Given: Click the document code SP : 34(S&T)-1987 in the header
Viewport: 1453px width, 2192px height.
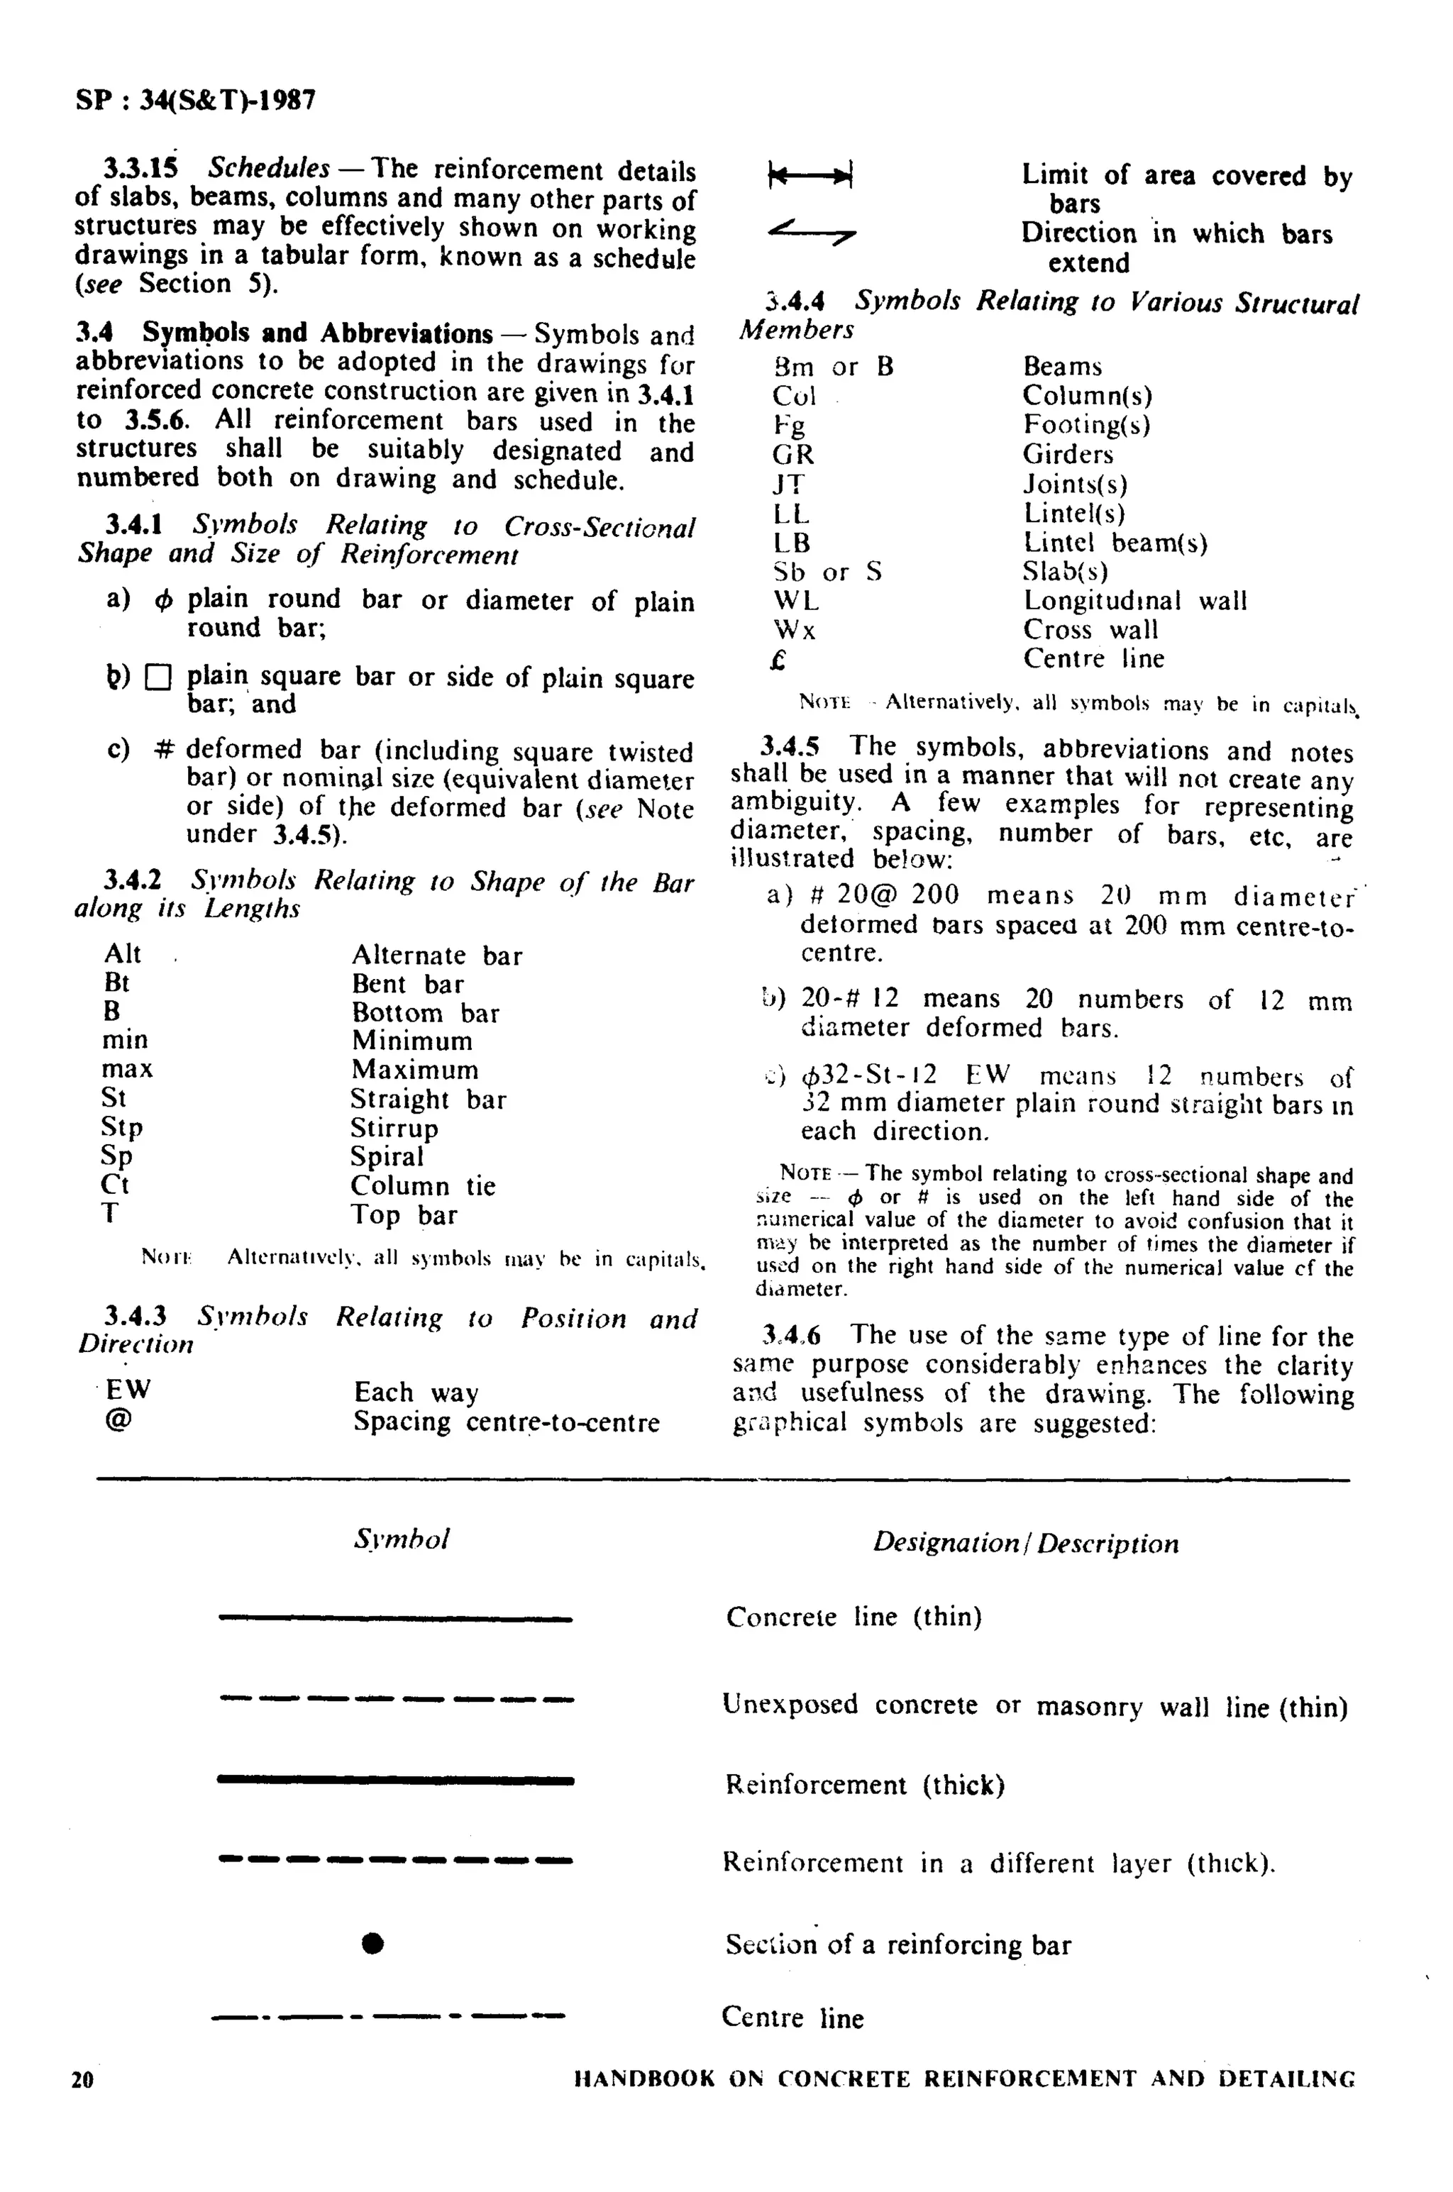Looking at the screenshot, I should point(196,101).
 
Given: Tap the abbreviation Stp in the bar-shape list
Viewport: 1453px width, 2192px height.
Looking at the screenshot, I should point(121,1127).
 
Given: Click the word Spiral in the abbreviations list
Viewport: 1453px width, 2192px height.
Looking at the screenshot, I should point(387,1156).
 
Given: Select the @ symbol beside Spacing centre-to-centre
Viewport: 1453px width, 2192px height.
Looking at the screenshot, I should point(118,1420).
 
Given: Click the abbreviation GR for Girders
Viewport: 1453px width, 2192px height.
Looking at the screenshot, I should point(793,454).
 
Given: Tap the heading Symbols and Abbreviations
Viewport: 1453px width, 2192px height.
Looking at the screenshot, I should point(317,333).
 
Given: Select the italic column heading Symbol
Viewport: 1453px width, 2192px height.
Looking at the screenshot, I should point(402,1539).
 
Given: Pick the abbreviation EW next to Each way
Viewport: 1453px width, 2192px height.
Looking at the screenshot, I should point(128,1390).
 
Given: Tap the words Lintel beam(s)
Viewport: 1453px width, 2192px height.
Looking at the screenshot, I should point(1115,543).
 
